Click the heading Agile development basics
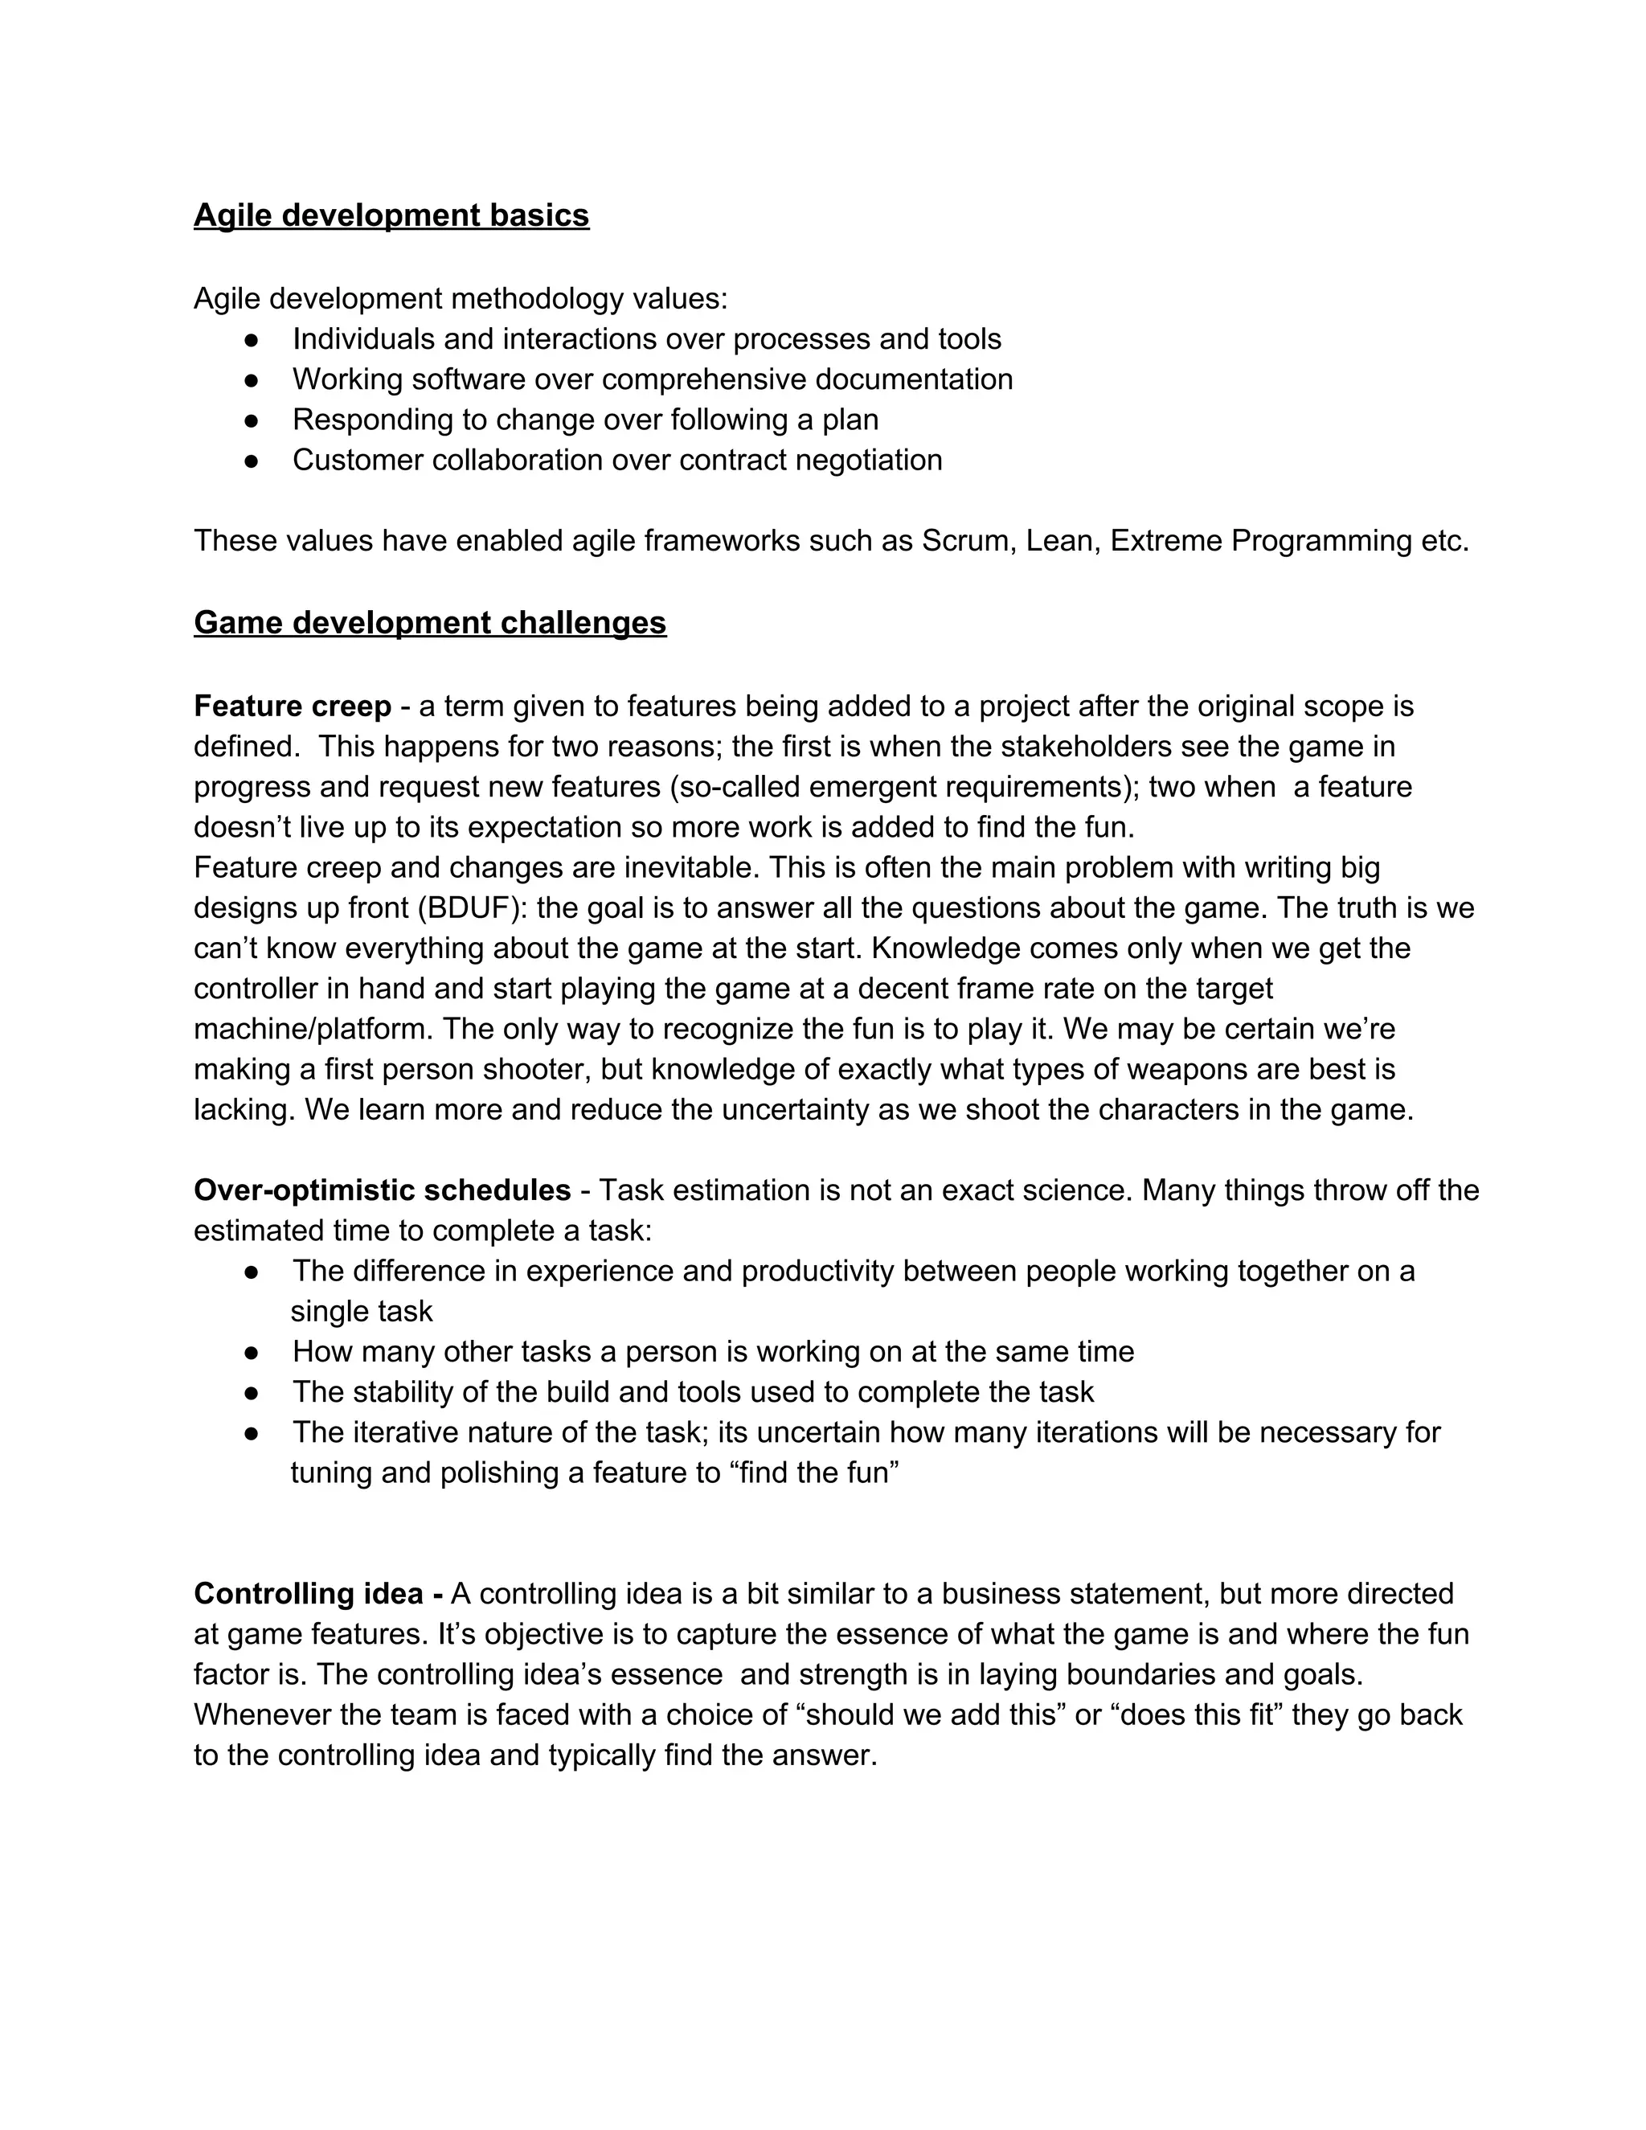click(391, 215)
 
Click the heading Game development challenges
click(430, 622)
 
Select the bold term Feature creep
click(292, 706)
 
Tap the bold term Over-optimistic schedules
click(383, 1191)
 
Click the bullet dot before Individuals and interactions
click(252, 339)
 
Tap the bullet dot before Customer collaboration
click(252, 461)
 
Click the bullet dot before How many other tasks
click(252, 1353)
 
